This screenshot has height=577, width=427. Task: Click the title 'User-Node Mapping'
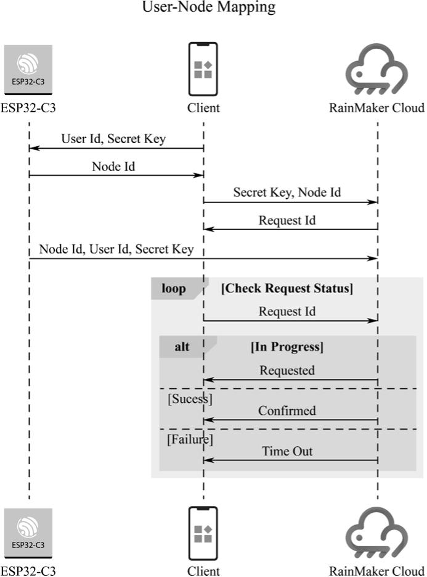click(209, 8)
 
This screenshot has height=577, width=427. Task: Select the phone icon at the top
click(203, 68)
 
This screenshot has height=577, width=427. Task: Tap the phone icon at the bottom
click(203, 533)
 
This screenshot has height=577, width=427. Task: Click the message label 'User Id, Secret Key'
click(113, 139)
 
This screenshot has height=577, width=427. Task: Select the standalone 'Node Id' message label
click(113, 166)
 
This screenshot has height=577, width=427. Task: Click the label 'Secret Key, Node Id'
click(287, 193)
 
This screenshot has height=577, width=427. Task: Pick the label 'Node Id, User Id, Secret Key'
click(116, 249)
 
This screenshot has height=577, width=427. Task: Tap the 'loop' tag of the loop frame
click(174, 289)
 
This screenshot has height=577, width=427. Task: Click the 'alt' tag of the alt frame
click(182, 347)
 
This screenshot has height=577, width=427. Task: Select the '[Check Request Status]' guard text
click(287, 289)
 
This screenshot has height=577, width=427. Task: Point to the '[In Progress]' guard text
click(287, 347)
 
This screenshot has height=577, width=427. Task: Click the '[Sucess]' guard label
click(190, 399)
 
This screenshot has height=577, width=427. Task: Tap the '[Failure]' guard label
click(190, 439)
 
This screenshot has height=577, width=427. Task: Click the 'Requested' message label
click(287, 371)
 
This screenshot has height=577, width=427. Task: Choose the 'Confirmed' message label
click(287, 411)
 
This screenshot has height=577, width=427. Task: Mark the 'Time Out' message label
click(287, 452)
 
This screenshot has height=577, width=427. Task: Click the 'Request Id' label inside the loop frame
click(287, 312)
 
